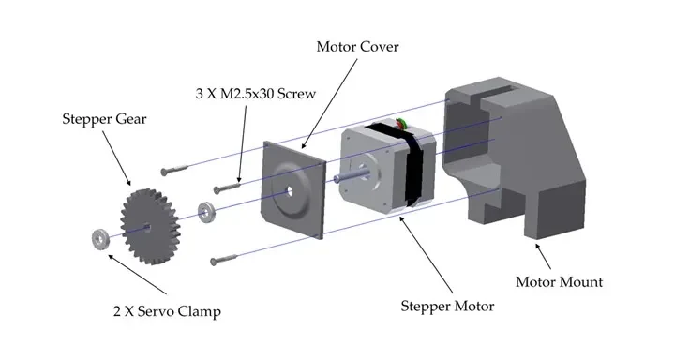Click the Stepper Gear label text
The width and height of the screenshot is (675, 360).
104,119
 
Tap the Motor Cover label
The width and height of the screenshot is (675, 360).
357,47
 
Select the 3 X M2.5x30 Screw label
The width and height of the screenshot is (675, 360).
256,94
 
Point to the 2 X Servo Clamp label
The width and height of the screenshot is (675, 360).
167,311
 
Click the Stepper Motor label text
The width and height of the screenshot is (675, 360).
447,307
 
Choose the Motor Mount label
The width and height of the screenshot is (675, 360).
559,282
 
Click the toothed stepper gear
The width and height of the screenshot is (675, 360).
150,227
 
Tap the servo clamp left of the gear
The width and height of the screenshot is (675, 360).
100,239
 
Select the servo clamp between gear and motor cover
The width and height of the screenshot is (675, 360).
206,212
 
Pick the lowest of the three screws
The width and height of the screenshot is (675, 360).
223,260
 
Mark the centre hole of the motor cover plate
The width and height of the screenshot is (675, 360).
290,190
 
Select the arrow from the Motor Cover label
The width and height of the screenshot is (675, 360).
329,104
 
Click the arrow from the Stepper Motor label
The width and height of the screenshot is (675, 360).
427,255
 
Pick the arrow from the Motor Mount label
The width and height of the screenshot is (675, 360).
543,257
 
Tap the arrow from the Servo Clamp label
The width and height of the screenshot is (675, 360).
137,275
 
